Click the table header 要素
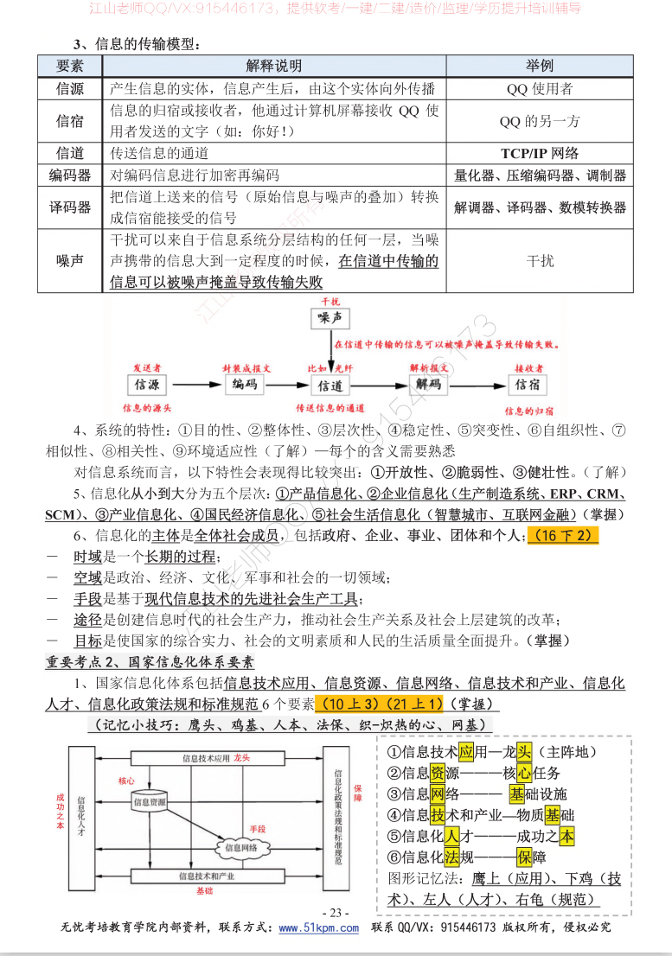[71, 67]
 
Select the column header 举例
[540, 67]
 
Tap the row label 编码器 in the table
[71, 175]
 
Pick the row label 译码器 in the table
[71, 207]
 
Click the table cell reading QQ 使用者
[540, 89]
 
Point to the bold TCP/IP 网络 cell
[540, 153]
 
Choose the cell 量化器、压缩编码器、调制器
[540, 175]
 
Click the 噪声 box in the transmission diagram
[330, 320]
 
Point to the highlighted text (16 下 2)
[563, 536]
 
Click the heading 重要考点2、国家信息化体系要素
[150, 662]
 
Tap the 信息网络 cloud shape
[241, 848]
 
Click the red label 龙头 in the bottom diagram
[241, 757]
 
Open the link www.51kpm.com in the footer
[318, 928]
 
